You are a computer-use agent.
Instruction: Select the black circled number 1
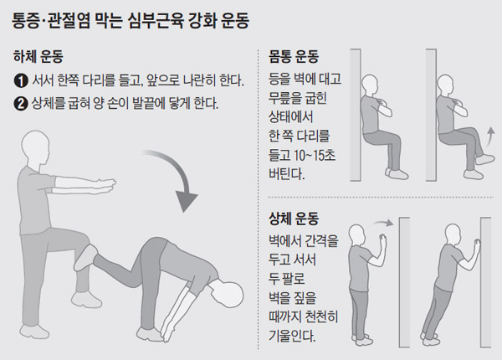[x=20, y=81]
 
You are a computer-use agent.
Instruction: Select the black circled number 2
[x=20, y=105]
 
